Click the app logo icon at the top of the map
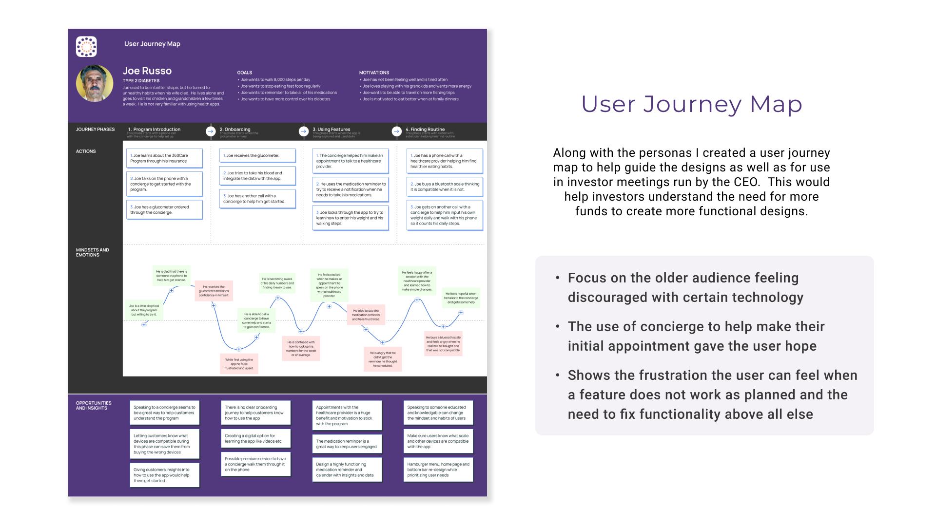click(x=86, y=47)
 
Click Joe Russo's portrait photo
click(x=95, y=83)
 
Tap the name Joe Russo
click(x=147, y=71)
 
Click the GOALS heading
click(x=245, y=73)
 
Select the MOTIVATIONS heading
click(x=374, y=73)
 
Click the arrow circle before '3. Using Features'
click(x=304, y=131)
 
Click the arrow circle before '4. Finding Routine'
click(x=397, y=131)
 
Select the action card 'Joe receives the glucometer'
click(x=257, y=156)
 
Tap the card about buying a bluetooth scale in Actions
click(x=445, y=187)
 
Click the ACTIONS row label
click(x=86, y=151)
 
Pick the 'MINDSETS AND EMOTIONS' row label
click(x=92, y=252)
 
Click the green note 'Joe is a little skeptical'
click(x=144, y=310)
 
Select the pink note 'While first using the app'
click(x=239, y=364)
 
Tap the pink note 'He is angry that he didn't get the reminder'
click(x=383, y=359)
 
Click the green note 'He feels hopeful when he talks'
click(x=461, y=298)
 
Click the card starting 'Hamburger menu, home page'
click(x=438, y=470)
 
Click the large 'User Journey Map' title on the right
click(x=692, y=105)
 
